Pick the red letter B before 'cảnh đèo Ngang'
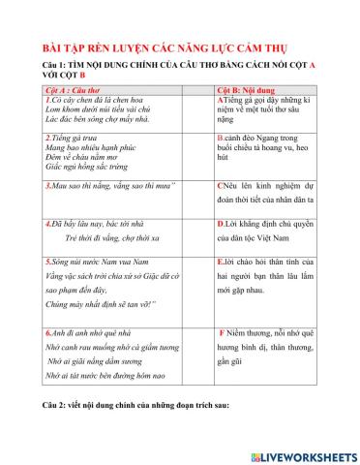coord(223,139)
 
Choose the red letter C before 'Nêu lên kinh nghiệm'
coord(223,184)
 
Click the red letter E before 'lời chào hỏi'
coord(223,262)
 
